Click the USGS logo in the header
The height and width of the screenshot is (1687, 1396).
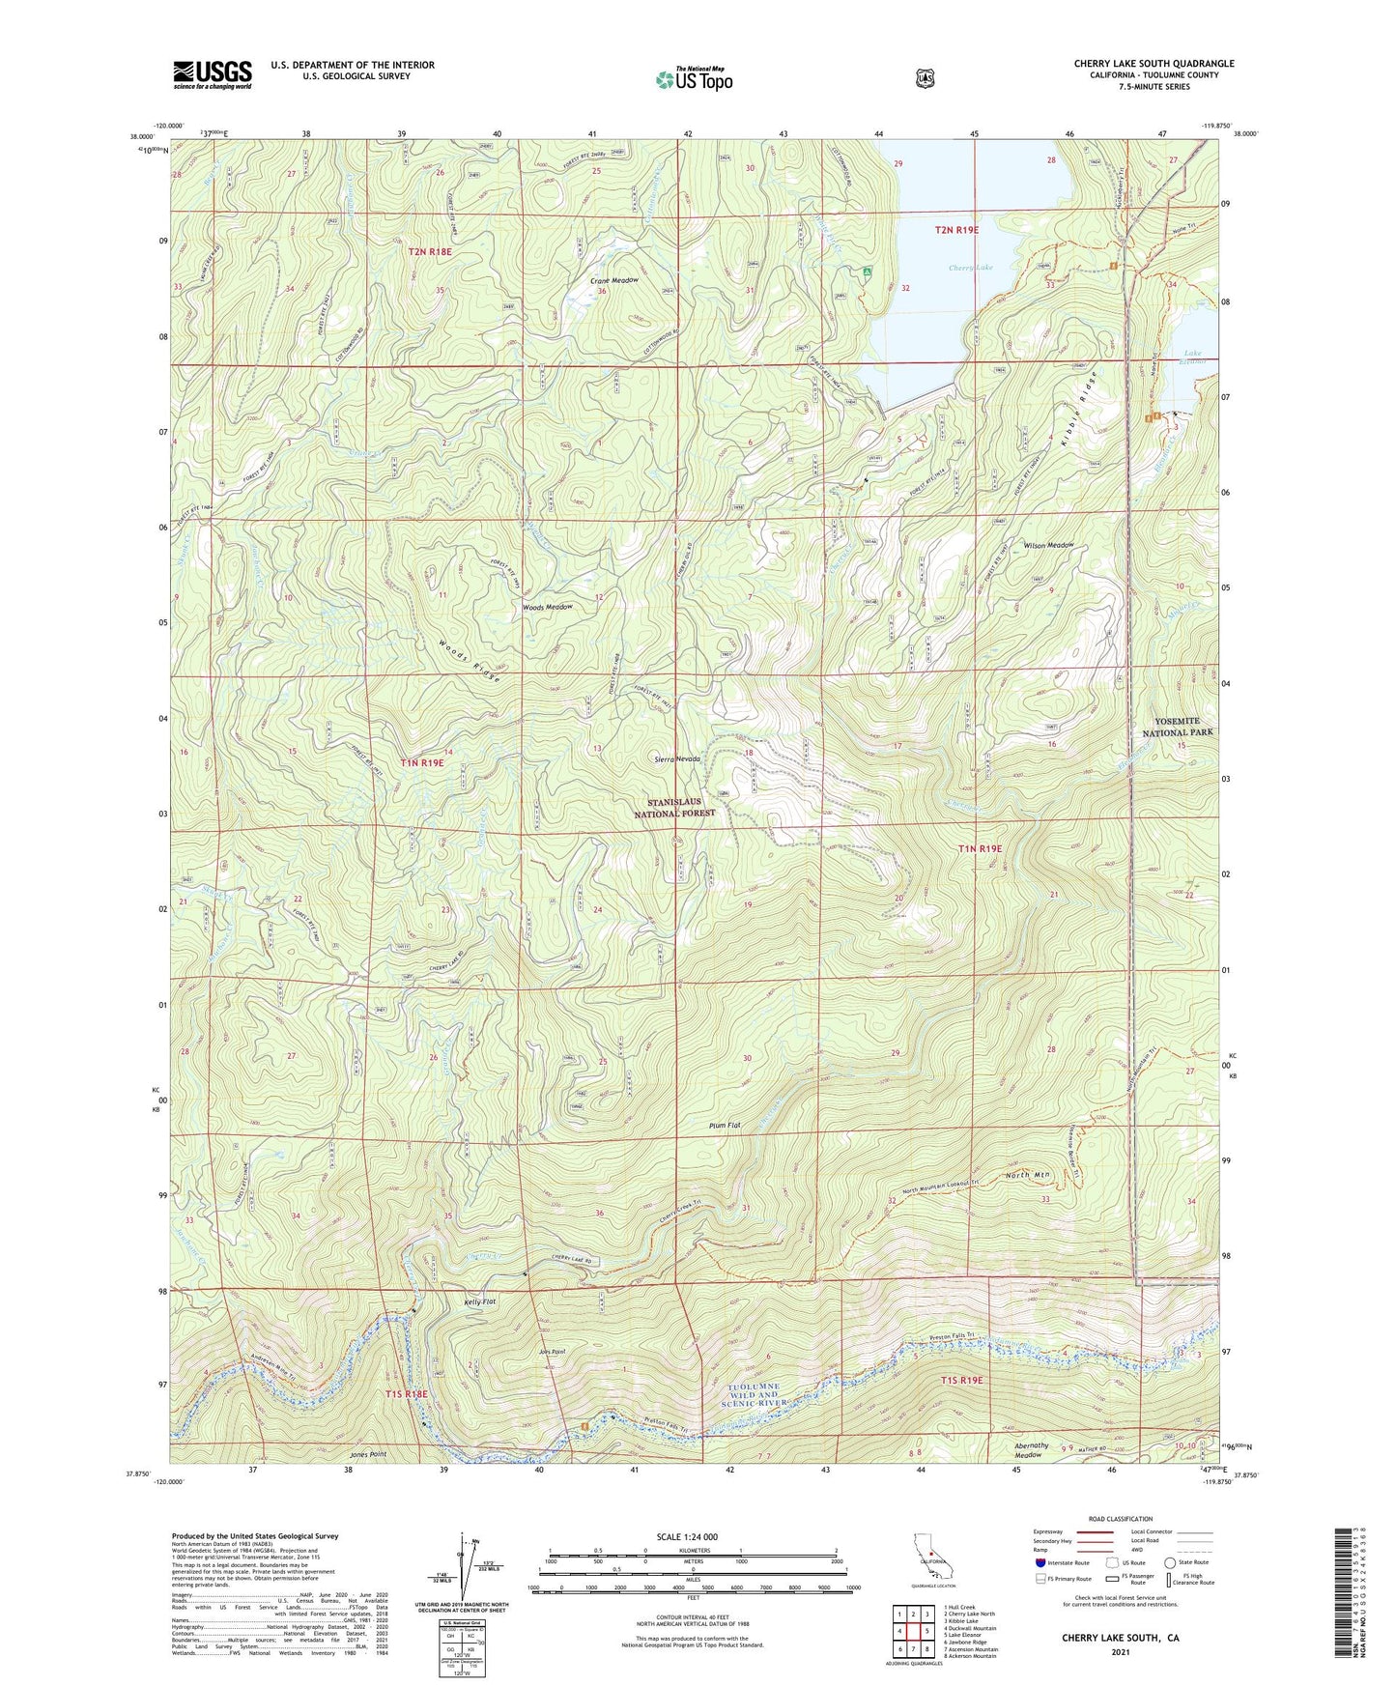[x=213, y=74]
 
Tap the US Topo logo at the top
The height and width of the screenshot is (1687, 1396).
[x=694, y=79]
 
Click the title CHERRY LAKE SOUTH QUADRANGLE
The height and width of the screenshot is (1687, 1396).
[x=1154, y=64]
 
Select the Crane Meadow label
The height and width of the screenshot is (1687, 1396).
[x=614, y=280]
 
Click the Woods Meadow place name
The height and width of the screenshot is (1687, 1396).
[x=548, y=608]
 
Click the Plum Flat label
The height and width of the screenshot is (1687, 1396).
[x=724, y=1126]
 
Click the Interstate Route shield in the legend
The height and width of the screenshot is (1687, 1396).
[x=1040, y=1562]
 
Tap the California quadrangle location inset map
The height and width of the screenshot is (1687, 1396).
[x=930, y=1558]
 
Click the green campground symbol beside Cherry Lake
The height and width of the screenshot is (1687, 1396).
[x=869, y=272]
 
